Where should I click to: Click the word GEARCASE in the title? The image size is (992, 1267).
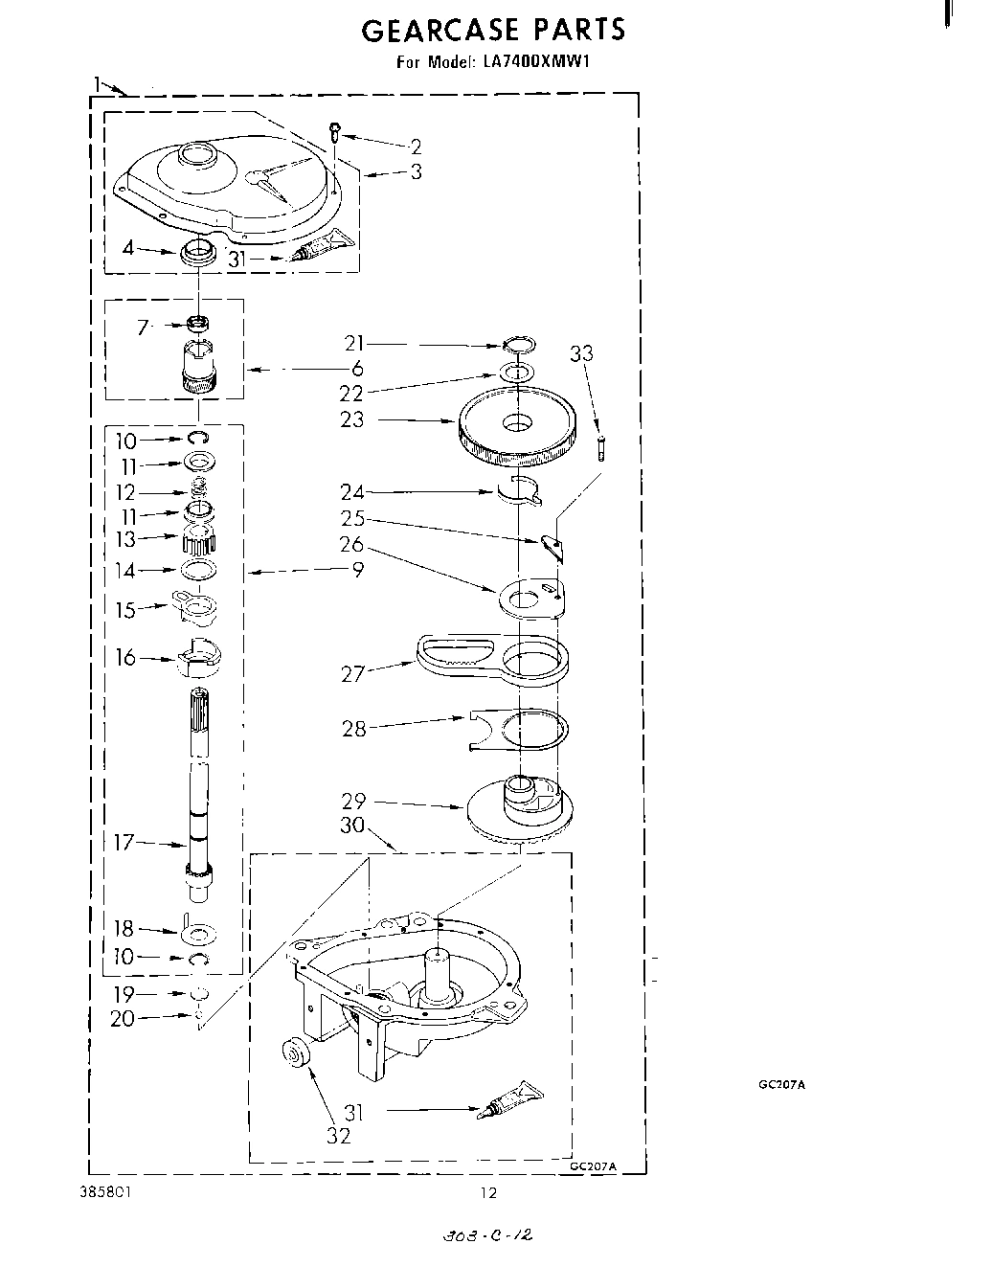click(440, 31)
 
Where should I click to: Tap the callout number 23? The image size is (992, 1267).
click(352, 419)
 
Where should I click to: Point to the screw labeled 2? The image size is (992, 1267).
click(335, 131)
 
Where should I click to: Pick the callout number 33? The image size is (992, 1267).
click(581, 353)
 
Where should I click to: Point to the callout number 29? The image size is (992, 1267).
click(353, 801)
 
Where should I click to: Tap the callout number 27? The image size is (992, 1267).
click(353, 674)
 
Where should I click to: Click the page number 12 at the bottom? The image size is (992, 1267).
click(489, 1193)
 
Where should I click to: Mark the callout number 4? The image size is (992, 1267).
click(128, 249)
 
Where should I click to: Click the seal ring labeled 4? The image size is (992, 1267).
click(197, 255)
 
